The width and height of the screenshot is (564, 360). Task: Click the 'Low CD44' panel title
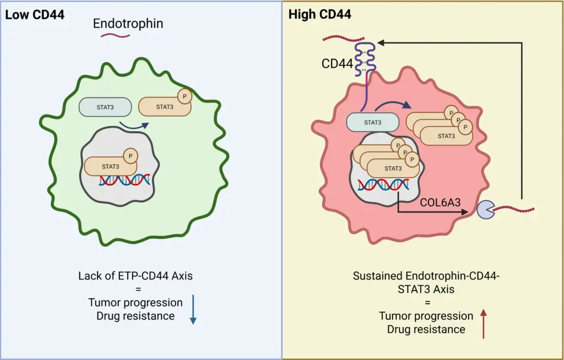click(35, 15)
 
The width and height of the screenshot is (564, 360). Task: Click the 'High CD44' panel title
click(320, 15)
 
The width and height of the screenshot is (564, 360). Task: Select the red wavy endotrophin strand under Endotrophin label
click(115, 36)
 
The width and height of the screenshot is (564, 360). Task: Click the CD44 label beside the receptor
click(337, 64)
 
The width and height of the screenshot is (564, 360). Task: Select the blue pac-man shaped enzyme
click(485, 210)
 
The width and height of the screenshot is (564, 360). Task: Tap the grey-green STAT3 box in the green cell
click(105, 107)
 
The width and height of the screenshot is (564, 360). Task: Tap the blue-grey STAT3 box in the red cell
click(373, 122)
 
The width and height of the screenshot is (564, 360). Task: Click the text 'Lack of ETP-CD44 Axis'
click(135, 275)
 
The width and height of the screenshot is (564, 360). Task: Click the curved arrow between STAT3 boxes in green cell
click(134, 128)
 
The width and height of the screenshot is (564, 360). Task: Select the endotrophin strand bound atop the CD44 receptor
click(344, 40)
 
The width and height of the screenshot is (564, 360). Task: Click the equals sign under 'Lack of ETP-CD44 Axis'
click(135, 289)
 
